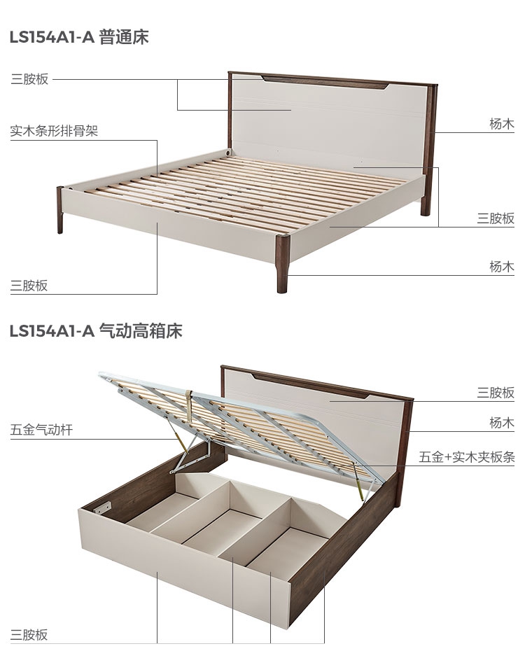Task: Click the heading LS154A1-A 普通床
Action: [79, 37]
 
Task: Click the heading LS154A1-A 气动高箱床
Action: [96, 331]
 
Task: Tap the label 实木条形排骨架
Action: [55, 130]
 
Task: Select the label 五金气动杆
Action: [41, 429]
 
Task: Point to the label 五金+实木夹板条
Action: [467, 457]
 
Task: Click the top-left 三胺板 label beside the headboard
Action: [29, 79]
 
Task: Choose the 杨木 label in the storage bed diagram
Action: [502, 423]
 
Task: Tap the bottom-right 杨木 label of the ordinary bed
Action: [502, 267]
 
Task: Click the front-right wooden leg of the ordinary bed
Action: [282, 264]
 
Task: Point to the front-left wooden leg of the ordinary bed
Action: [60, 210]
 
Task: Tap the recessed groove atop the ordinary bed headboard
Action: [325, 83]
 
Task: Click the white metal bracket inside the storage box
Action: [103, 507]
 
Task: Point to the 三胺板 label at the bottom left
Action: [29, 635]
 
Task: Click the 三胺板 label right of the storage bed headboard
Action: [496, 393]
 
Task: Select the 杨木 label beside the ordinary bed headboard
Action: [502, 124]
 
